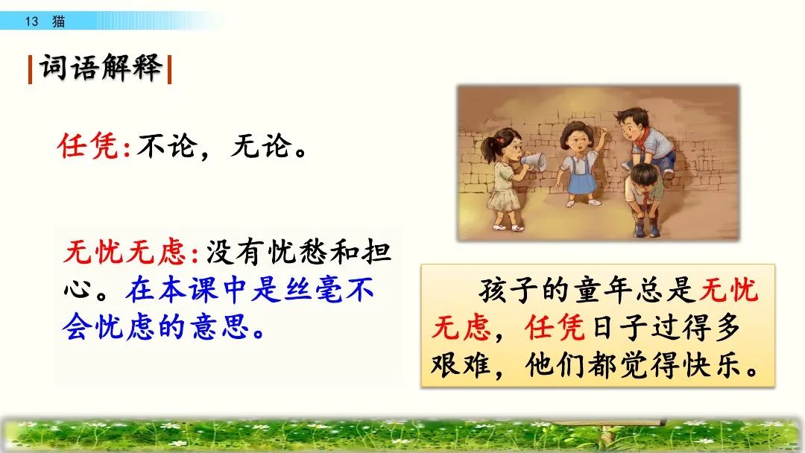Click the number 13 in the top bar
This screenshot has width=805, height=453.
(31, 22)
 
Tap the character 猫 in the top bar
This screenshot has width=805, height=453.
(59, 22)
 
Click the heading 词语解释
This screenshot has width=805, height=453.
(101, 67)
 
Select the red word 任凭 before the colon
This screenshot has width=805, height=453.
(88, 146)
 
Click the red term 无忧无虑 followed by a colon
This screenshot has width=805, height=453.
(124, 252)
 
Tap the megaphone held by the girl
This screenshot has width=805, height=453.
(534, 162)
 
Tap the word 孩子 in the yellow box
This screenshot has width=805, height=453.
(509, 291)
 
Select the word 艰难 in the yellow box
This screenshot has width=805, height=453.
(461, 365)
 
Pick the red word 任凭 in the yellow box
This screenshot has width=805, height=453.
(555, 327)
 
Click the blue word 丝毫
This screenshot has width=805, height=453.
(313, 290)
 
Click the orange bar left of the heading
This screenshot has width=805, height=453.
(31, 69)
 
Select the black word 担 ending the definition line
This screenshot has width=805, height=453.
(376, 252)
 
